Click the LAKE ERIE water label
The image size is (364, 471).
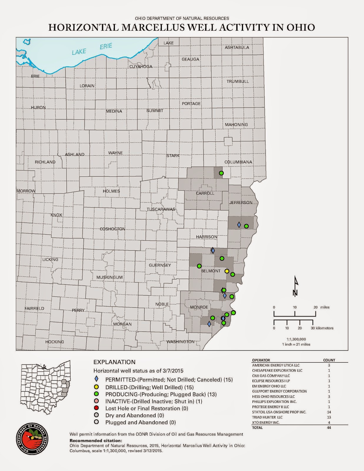[92, 49]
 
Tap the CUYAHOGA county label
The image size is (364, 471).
[141, 67]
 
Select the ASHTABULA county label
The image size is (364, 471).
[237, 47]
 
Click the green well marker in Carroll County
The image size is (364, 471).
[221, 173]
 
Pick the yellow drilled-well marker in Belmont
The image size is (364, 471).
[227, 271]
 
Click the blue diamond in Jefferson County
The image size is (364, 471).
[239, 225]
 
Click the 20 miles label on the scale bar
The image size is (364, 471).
[321, 307]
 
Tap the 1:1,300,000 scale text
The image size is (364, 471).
[296, 339]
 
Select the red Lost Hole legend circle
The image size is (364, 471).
[96, 408]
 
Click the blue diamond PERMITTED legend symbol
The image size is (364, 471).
[96, 379]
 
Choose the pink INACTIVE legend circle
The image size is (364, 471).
[96, 401]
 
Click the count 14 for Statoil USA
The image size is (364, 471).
[329, 412]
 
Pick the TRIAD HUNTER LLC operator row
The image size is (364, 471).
[267, 417]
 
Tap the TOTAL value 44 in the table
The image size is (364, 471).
[329, 428]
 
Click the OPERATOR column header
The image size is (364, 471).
[261, 360]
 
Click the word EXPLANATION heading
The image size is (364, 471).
[114, 362]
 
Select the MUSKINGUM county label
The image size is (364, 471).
[109, 277]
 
